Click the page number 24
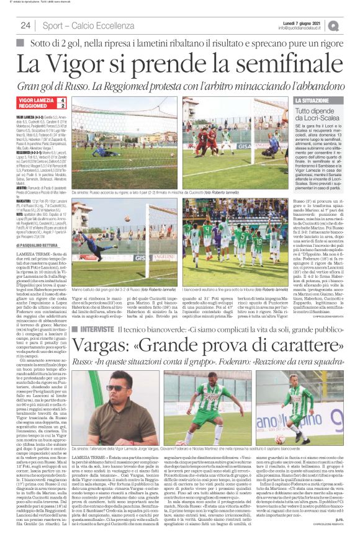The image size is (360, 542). pos(25,25)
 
